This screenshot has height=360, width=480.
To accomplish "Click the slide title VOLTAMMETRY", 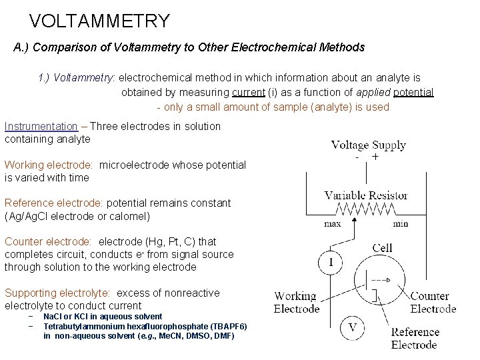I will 100,21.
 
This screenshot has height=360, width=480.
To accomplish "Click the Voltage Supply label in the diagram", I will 369,145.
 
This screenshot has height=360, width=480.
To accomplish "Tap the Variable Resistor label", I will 366,195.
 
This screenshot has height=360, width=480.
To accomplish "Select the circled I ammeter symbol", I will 331,262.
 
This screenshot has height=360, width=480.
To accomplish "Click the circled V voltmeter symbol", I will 353,327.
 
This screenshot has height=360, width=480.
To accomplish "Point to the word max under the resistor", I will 333,224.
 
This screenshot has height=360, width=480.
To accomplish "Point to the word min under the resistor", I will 400,224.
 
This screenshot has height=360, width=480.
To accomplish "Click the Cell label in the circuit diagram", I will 383,248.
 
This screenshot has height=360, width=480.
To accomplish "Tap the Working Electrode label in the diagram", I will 295,302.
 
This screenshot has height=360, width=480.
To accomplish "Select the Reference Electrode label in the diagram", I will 415,338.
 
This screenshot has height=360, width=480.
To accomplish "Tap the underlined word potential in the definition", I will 413,92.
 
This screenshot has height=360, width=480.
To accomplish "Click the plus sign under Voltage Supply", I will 375,157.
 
